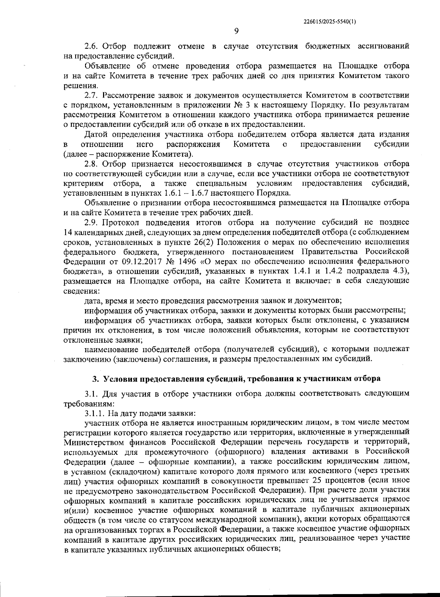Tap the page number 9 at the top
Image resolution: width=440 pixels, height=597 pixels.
click(x=236, y=31)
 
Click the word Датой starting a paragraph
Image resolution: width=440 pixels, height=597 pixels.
click(x=95, y=134)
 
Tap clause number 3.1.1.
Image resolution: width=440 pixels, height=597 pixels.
click(x=95, y=413)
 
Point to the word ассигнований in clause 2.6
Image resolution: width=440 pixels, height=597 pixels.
click(x=382, y=47)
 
